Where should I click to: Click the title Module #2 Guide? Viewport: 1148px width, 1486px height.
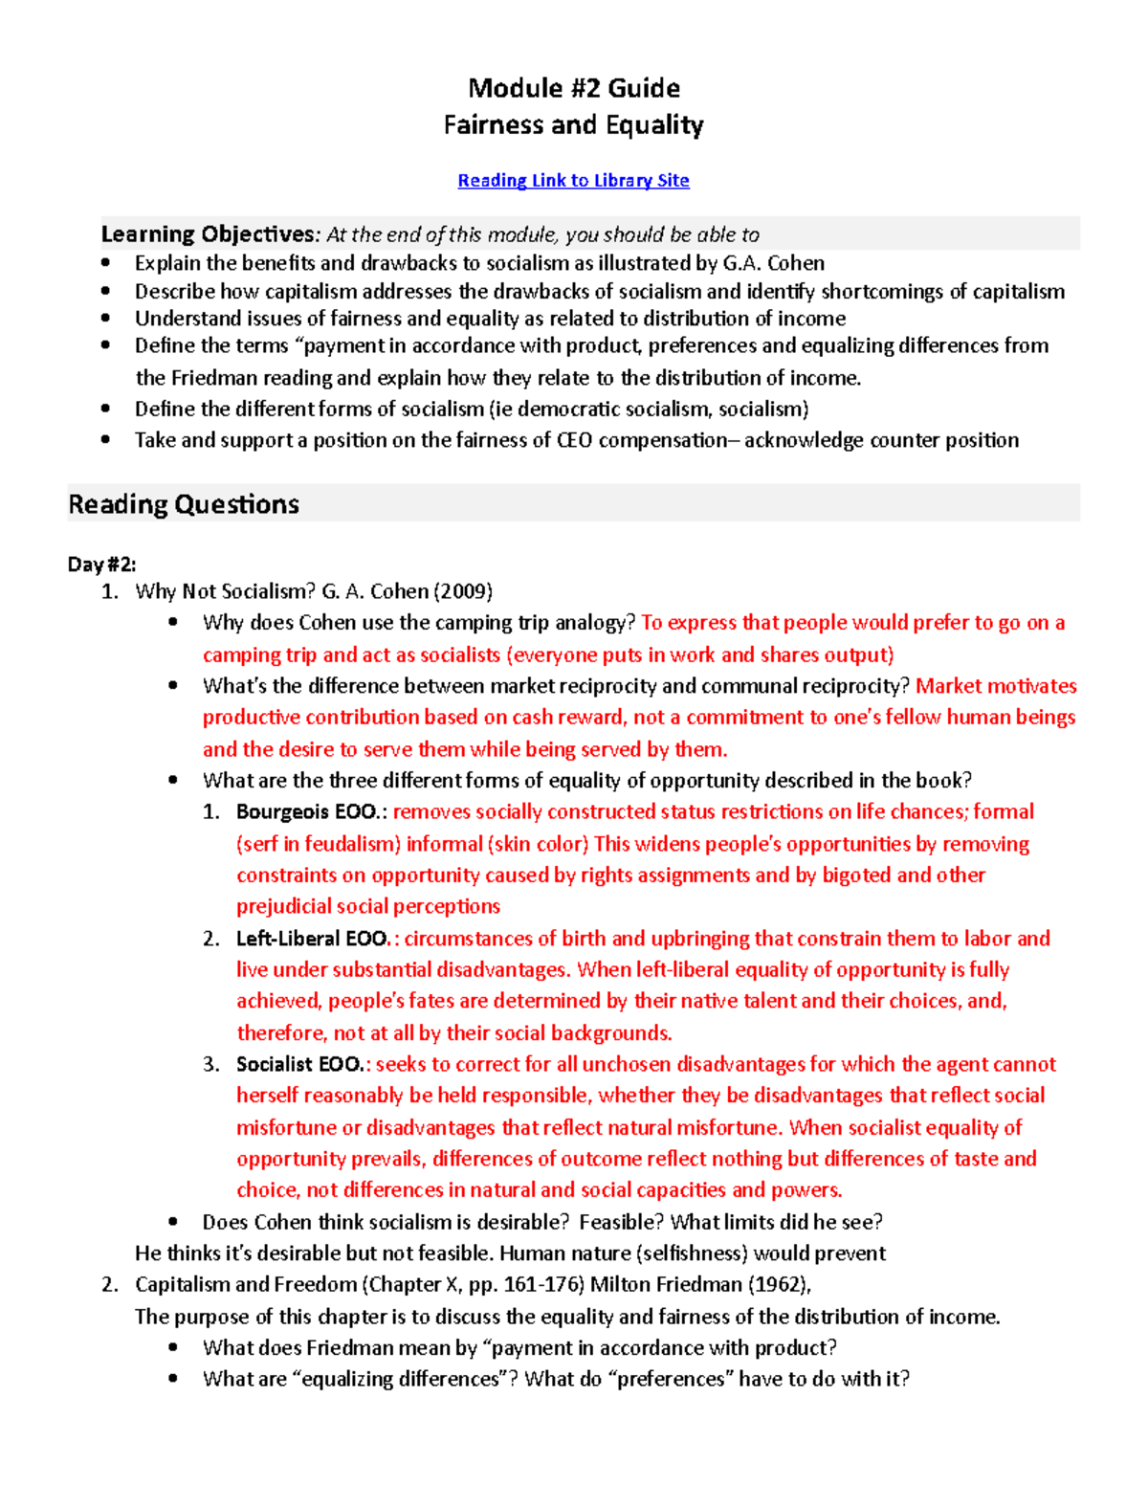coord(574,88)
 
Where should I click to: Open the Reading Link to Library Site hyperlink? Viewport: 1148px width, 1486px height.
coord(573,180)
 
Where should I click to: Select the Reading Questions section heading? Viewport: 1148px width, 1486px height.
coord(184,504)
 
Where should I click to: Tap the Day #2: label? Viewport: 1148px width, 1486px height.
coord(101,565)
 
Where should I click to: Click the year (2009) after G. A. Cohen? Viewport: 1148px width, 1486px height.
coord(463,591)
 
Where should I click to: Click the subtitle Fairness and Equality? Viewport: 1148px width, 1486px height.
coord(574,125)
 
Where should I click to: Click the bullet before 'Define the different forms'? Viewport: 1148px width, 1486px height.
coord(106,410)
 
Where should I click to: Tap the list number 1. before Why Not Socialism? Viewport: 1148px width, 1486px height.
coord(110,591)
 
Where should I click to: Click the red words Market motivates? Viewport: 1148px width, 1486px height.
coord(996,686)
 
